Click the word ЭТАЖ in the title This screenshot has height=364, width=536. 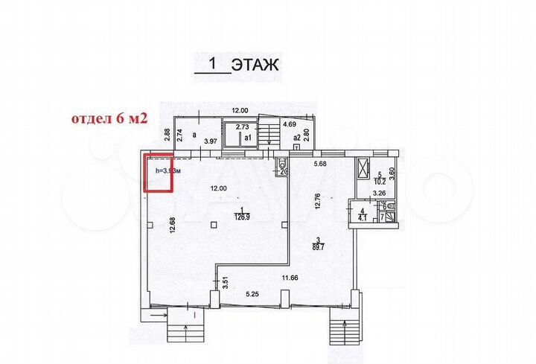coord(255,65)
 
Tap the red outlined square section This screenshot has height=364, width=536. coord(158,173)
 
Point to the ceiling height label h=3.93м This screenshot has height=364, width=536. coord(164,171)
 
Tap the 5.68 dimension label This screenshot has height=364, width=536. coord(321,165)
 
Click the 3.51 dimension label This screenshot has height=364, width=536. coord(224,283)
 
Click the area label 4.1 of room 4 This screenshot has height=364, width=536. coord(363,217)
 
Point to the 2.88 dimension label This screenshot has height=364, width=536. coord(167,135)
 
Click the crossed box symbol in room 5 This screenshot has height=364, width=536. coord(363,169)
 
